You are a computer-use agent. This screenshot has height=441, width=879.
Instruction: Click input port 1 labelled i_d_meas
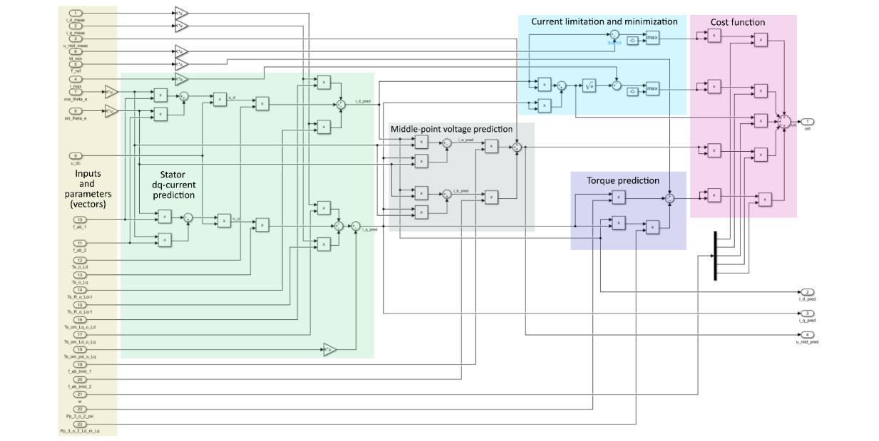pyautogui.click(x=76, y=14)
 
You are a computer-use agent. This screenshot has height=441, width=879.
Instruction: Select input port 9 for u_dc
pyautogui.click(x=76, y=155)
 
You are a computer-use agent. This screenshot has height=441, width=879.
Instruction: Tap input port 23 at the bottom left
pyautogui.click(x=79, y=425)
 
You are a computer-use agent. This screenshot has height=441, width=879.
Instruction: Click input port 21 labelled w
pyautogui.click(x=79, y=394)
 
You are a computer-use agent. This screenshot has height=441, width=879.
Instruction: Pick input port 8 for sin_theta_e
pyautogui.click(x=76, y=111)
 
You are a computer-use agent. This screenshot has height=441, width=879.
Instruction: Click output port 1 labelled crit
pyautogui.click(x=806, y=121)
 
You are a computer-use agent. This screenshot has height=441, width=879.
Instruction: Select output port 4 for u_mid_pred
pyautogui.click(x=806, y=335)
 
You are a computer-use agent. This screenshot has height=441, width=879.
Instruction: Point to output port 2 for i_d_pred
pyautogui.click(x=806, y=292)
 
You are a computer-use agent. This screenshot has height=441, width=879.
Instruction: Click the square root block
pyautogui.click(x=589, y=85)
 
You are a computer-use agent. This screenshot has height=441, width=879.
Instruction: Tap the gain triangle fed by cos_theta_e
pyautogui.click(x=110, y=91)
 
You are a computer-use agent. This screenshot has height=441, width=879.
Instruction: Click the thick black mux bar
pyautogui.click(x=714, y=256)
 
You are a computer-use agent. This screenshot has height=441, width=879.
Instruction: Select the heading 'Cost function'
pyautogui.click(x=737, y=22)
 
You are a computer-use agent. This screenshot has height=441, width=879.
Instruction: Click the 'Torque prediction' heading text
pyautogui.click(x=622, y=180)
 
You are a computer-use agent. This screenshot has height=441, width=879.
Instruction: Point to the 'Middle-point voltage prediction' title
pyautogui.click(x=451, y=129)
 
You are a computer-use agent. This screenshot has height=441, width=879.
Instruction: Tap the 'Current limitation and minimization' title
pyautogui.click(x=603, y=21)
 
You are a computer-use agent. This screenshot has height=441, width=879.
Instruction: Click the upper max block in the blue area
pyautogui.click(x=652, y=38)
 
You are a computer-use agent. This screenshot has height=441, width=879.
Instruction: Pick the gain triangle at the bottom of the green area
pyautogui.click(x=328, y=349)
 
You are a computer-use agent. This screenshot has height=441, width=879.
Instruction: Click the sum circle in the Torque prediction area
pyautogui.click(x=669, y=199)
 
